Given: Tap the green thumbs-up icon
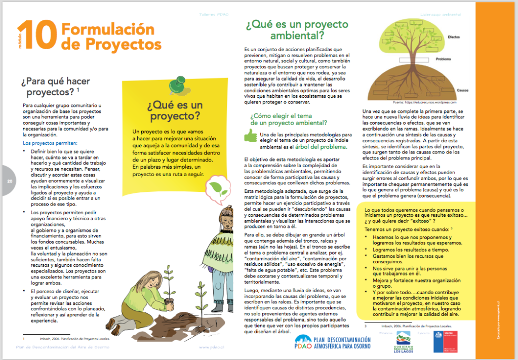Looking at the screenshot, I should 251,135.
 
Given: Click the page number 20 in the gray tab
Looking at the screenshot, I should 9,182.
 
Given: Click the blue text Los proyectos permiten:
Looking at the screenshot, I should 49,143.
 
